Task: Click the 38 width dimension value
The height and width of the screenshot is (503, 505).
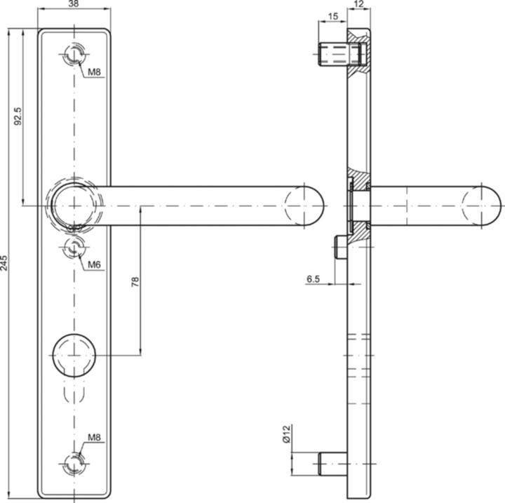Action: click(x=73, y=5)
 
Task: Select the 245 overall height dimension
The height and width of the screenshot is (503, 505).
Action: click(x=5, y=263)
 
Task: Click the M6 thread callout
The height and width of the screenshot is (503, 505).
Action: click(x=95, y=264)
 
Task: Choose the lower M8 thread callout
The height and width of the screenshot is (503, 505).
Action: click(x=95, y=438)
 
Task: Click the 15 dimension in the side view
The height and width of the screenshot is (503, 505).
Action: click(x=332, y=15)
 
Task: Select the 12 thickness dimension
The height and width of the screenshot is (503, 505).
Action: click(x=358, y=5)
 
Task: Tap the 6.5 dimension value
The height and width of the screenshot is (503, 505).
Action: click(x=313, y=279)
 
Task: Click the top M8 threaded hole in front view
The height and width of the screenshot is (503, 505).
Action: click(x=74, y=54)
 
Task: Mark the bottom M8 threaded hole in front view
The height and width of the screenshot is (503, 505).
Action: click(x=74, y=462)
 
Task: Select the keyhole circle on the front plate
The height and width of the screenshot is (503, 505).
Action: click(x=74, y=352)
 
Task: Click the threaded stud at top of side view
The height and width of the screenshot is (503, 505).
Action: click(x=335, y=53)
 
